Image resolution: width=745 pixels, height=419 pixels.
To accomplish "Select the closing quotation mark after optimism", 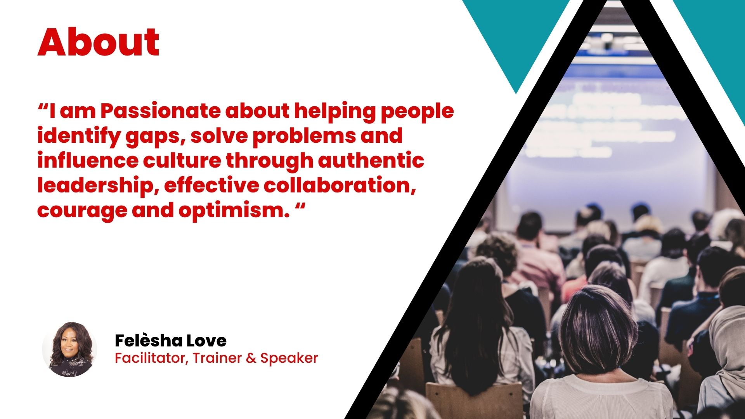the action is point(300,206).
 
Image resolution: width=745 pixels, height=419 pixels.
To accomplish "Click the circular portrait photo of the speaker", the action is point(69,349).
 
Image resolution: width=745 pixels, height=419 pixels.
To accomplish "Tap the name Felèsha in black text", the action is point(149,340).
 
